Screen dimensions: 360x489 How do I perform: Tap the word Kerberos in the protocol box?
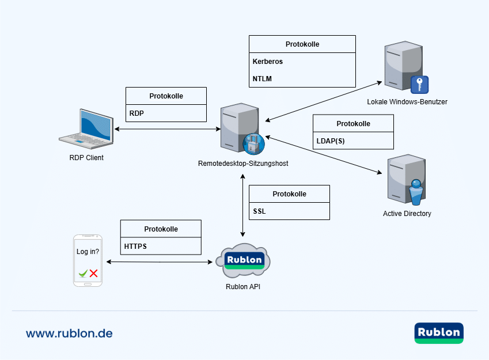tap(268, 62)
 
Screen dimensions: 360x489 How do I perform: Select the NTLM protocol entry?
tap(262, 78)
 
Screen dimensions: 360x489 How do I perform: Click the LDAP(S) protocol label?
tap(331, 141)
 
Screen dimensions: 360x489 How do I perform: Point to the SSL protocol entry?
tap(260, 211)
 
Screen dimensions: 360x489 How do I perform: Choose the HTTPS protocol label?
tap(136, 246)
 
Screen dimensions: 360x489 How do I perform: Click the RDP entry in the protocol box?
tap(137, 113)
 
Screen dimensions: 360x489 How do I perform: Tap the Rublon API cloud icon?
tap(244, 260)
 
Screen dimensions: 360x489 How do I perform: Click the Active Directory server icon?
tap(407, 179)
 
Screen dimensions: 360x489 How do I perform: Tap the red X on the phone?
tap(93, 274)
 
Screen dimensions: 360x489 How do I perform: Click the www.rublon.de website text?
tap(69, 334)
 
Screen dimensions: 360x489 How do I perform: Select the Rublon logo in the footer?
tap(438, 333)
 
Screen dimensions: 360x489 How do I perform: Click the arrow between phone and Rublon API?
tap(160, 262)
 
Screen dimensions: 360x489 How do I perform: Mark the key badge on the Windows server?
tap(420, 85)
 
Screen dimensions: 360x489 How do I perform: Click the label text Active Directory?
tap(407, 214)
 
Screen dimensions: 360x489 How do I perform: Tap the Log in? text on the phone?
tap(88, 252)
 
